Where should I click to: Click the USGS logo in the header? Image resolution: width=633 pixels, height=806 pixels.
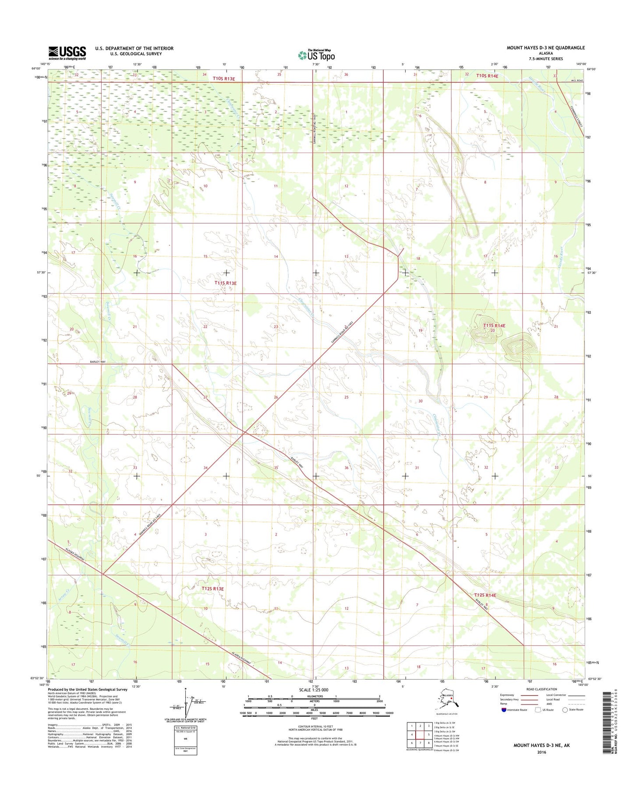[x=67, y=53]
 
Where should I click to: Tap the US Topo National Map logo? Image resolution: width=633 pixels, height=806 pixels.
[x=316, y=55]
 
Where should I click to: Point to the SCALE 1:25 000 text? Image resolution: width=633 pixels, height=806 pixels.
[x=313, y=690]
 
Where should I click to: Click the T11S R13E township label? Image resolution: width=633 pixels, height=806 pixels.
[x=226, y=283]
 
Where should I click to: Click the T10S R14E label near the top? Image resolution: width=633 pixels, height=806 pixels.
[x=487, y=76]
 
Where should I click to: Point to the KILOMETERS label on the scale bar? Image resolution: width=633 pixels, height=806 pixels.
[x=315, y=696]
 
